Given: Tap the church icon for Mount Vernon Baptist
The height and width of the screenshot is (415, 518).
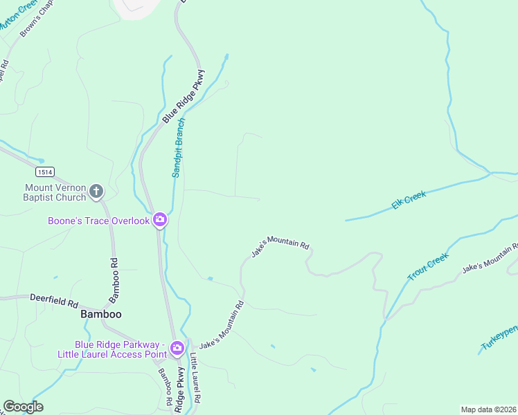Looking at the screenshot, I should [96, 192].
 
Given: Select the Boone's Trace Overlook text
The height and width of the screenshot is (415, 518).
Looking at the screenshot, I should [98, 221].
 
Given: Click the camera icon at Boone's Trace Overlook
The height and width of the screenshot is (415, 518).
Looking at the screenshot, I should [160, 220].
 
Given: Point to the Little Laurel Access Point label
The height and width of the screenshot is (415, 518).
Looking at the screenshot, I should [120, 350].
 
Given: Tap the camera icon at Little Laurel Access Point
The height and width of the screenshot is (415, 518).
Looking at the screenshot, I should [177, 347].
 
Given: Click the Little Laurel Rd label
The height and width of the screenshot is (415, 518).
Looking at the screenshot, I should [196, 378].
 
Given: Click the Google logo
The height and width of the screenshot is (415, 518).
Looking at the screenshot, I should [23, 407].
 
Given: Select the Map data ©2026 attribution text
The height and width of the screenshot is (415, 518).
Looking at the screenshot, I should [488, 409].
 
